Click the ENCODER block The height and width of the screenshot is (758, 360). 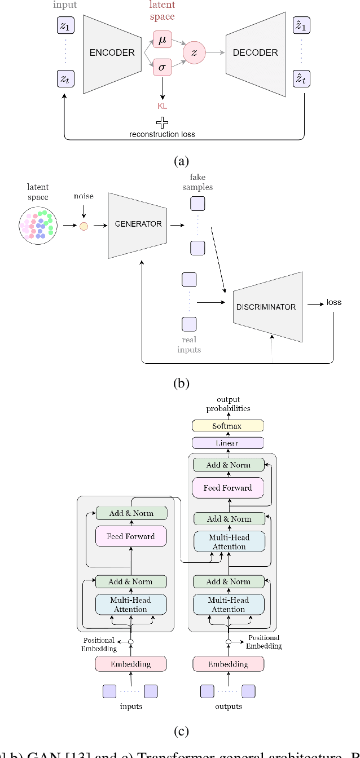tap(112, 53)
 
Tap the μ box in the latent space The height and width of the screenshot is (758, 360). tap(161, 41)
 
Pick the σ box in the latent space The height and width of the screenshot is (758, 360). tap(161, 68)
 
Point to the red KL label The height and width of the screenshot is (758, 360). tap(162, 105)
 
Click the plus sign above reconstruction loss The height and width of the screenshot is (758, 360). tap(162, 123)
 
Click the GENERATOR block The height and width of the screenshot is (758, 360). tap(138, 224)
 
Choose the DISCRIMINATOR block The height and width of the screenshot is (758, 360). tap(266, 307)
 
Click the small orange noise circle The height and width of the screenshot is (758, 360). tap(84, 226)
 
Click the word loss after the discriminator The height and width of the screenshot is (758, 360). tap(334, 302)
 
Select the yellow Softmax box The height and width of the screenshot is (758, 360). tap(228, 426)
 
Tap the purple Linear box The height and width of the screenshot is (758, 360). tap(228, 443)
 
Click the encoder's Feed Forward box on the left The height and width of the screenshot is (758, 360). tap(131, 536)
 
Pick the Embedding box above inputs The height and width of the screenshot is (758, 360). tap(131, 664)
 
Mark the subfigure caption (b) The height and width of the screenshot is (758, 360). tap(180, 384)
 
